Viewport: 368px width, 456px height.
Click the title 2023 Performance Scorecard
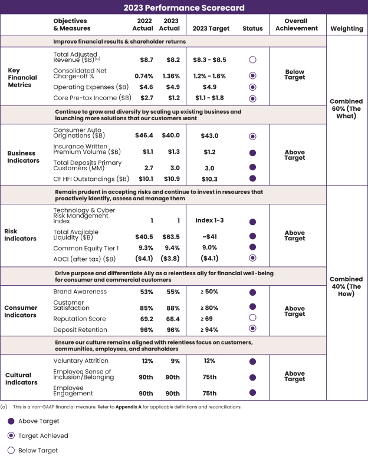pyautogui.click(x=183, y=8)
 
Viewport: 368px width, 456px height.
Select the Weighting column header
pyautogui.click(x=347, y=28)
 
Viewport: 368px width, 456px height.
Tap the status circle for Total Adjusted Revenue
pyautogui.click(x=252, y=60)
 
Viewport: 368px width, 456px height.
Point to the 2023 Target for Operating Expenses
pyautogui.click(x=209, y=87)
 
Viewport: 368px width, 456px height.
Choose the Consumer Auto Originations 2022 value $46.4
pyautogui.click(x=143, y=136)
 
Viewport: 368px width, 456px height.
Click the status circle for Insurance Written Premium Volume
pyautogui.click(x=252, y=152)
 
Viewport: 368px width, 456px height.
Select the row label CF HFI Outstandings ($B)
pyautogui.click(x=91, y=179)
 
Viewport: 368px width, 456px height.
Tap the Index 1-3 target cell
pyautogui.click(x=209, y=220)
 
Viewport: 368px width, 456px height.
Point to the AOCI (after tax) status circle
pyautogui.click(x=252, y=257)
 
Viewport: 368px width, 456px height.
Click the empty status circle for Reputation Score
pyautogui.click(x=252, y=318)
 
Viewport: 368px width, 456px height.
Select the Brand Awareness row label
pyautogui.click(x=80, y=292)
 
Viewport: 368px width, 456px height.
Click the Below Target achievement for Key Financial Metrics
pyautogui.click(x=294, y=75)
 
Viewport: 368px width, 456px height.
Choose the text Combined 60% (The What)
pyautogui.click(x=347, y=108)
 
